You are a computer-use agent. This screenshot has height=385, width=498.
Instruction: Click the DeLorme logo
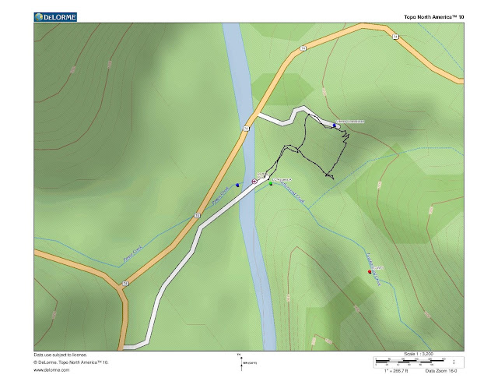(54, 16)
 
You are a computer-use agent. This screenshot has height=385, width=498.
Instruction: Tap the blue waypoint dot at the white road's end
(334, 125)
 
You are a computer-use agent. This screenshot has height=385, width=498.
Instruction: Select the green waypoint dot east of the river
(271, 184)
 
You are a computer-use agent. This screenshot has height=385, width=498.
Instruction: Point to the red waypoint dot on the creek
(370, 272)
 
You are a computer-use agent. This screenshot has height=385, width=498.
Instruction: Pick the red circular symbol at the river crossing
(254, 182)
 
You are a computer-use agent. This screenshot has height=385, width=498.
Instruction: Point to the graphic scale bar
(409, 362)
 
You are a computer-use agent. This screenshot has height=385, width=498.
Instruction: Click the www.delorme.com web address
(49, 371)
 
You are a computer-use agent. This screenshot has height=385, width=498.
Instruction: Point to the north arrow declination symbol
(241, 361)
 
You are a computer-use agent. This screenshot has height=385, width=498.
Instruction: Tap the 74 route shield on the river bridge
(246, 128)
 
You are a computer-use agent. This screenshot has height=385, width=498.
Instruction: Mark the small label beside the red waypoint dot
(378, 268)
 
